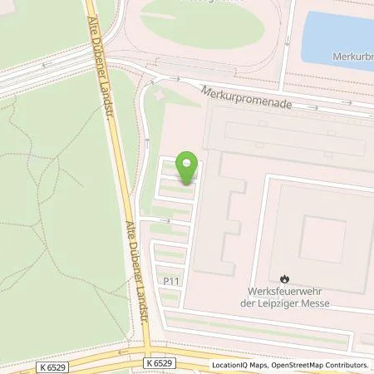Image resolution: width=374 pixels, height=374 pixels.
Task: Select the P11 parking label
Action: pos(172,283)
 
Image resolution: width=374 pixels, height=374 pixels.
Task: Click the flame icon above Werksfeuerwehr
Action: pos(284,278)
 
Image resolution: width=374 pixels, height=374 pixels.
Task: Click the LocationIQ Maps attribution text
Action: pos(239,365)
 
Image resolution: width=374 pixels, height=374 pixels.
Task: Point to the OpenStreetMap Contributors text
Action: pos(323,365)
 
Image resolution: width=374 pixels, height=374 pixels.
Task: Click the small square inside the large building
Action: pos(322,239)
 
